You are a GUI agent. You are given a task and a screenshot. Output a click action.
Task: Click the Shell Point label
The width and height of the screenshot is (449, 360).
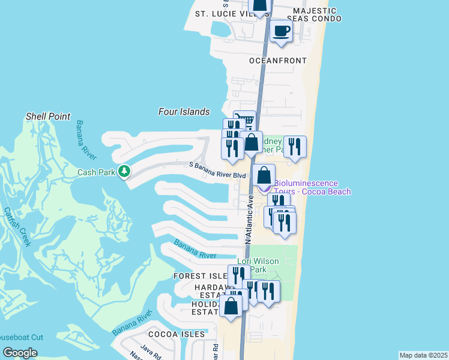(48, 116)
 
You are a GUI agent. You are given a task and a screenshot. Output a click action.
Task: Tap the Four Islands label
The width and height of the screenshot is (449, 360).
(184, 112)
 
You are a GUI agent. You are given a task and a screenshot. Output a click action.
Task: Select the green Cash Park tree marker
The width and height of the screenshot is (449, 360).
(124, 172)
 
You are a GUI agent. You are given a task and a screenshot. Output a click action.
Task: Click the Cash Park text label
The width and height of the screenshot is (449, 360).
(95, 172)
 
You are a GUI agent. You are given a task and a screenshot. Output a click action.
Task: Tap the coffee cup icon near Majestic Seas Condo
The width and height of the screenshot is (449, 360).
(280, 32)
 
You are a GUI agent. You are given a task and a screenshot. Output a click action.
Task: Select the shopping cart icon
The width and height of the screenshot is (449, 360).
(244, 121)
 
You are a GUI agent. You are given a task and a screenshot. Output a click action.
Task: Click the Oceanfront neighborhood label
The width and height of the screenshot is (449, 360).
(278, 61)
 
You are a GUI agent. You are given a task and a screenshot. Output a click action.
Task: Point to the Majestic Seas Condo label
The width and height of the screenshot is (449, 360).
(314, 15)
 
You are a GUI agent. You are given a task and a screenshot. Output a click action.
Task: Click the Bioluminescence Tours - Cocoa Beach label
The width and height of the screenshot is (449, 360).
(312, 187)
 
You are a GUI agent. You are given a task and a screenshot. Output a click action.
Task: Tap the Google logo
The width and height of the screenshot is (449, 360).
(20, 353)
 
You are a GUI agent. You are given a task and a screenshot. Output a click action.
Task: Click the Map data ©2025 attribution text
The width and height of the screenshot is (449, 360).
(423, 355)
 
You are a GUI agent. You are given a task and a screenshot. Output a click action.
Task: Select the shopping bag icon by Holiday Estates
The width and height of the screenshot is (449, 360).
(231, 305)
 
